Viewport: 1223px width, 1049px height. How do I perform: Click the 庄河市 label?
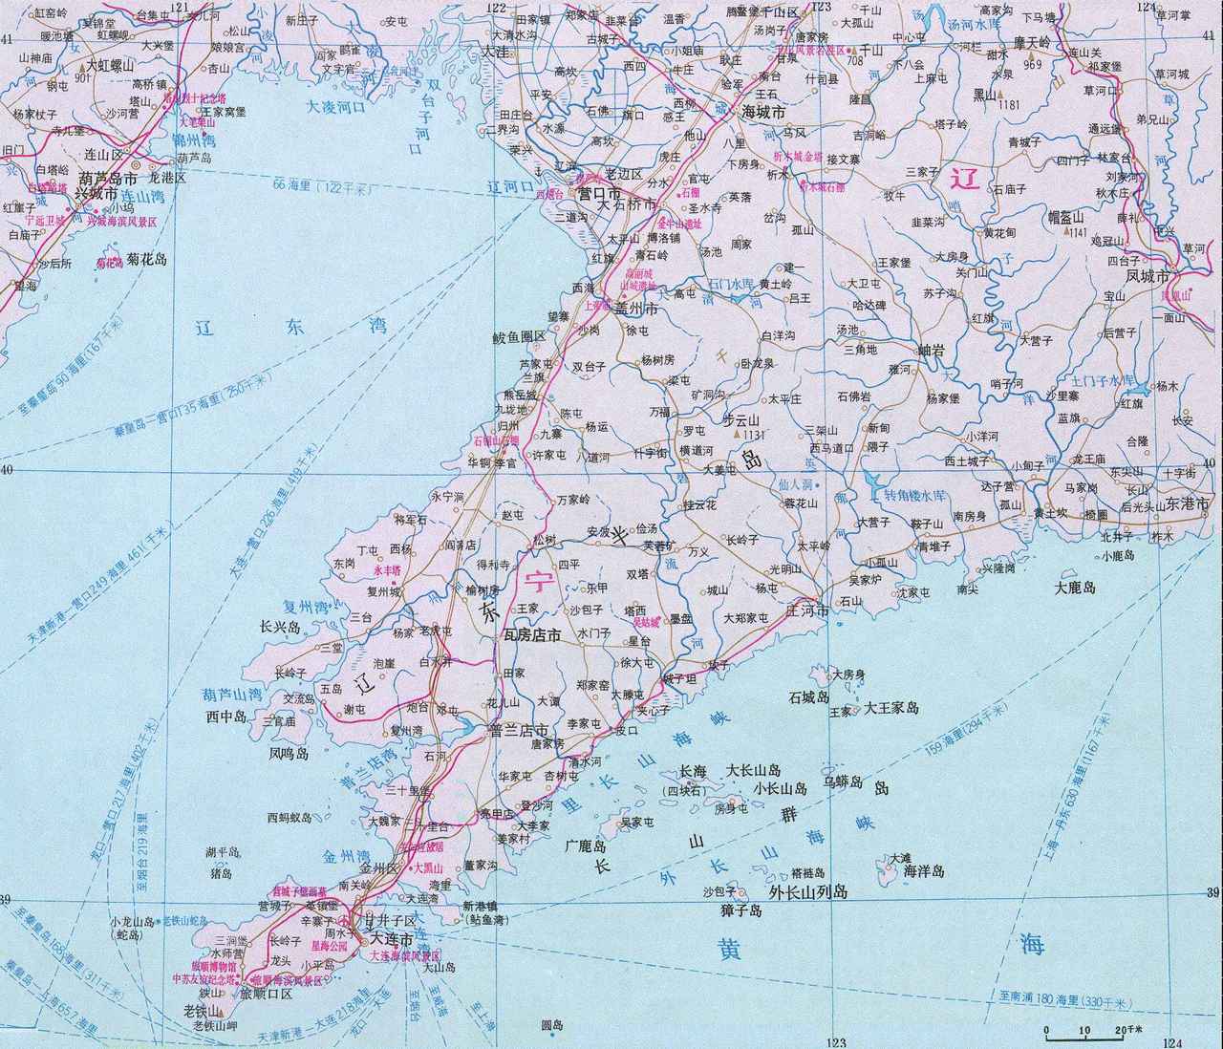point(806,610)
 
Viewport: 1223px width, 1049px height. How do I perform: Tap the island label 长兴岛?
point(280,629)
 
